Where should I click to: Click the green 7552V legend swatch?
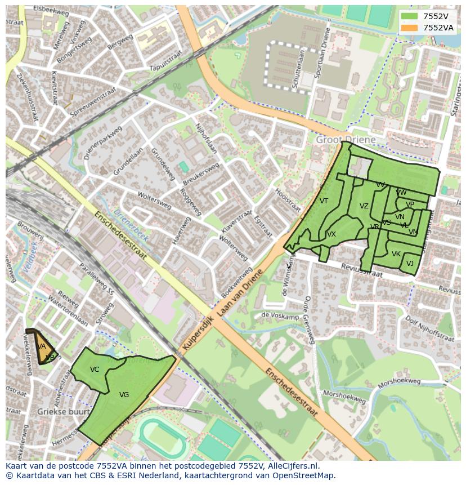click(x=410, y=16)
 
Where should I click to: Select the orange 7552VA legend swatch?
click(x=410, y=28)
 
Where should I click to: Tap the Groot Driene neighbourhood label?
click(x=346, y=139)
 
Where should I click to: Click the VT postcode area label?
click(x=324, y=201)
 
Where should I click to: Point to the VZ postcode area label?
click(x=364, y=206)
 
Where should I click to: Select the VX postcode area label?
click(x=331, y=234)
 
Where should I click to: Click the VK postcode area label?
click(x=396, y=254)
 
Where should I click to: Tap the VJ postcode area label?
click(x=410, y=264)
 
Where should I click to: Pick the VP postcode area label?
click(x=410, y=204)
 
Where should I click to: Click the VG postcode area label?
click(x=124, y=395)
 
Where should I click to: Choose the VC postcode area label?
click(x=95, y=370)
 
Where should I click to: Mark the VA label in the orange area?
click(x=42, y=346)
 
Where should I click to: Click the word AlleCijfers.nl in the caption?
click(x=292, y=466)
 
